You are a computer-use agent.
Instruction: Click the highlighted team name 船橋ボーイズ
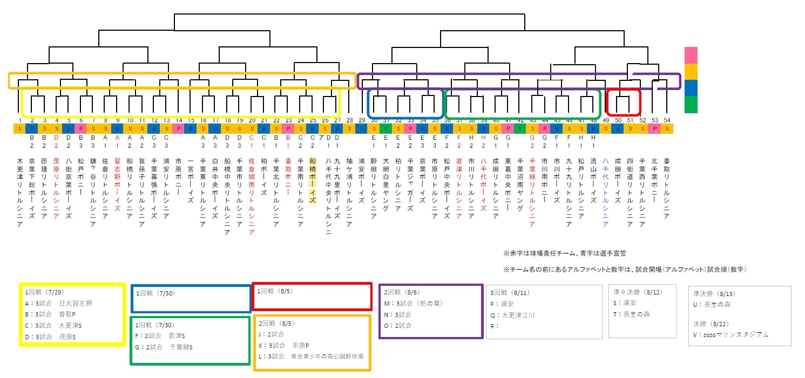pos(312,180)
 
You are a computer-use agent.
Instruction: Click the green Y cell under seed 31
pos(385,128)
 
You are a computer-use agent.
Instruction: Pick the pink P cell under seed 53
pos(654,128)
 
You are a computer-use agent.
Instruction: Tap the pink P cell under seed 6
pos(81,128)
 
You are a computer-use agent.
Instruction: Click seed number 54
pos(667,120)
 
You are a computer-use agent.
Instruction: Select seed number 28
pos(349,120)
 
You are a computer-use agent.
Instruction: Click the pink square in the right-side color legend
pos(691,55)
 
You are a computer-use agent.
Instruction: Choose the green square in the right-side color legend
pos(691,104)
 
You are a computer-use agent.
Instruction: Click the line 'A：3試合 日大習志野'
pos(59,303)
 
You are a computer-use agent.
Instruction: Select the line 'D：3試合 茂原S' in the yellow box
pos(52,336)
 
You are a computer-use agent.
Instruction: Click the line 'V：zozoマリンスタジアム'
pos(730,335)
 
